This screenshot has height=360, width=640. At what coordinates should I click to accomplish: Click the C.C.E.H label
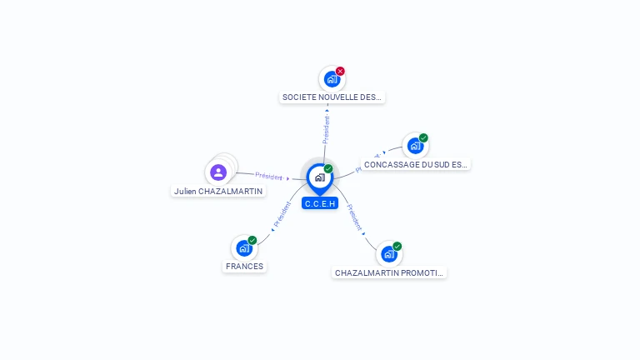tap(320, 203)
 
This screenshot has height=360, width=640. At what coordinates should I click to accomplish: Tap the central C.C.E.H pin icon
tap(319, 177)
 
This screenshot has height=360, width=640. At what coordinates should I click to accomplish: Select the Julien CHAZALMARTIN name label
tap(218, 191)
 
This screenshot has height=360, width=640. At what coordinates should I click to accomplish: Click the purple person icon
tap(218, 172)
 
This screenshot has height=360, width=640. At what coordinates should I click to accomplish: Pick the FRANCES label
tap(244, 267)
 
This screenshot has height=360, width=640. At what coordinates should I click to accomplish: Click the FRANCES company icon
tap(243, 247)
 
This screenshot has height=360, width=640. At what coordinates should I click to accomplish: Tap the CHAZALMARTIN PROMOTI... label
tap(389, 272)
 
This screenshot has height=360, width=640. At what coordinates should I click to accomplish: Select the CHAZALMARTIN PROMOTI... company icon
tap(388, 253)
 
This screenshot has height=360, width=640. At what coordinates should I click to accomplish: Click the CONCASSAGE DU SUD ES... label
tap(416, 164)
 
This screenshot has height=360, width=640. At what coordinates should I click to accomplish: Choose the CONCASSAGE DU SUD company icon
tap(415, 146)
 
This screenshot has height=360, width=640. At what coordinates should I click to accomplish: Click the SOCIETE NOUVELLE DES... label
tap(332, 97)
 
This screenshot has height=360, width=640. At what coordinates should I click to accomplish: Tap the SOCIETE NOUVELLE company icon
tap(331, 79)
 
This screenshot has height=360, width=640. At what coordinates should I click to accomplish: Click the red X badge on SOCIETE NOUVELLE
tap(340, 71)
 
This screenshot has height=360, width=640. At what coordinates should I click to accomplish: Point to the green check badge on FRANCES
tap(252, 240)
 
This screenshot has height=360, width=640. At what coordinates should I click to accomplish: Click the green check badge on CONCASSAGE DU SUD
tap(423, 137)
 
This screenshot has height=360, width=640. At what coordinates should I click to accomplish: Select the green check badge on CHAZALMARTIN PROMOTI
tap(397, 246)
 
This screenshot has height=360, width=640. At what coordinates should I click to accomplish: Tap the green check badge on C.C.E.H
tap(328, 168)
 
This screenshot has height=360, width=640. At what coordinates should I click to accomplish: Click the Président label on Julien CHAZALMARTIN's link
tap(269, 176)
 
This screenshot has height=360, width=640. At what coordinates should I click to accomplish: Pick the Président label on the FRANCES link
tap(282, 216)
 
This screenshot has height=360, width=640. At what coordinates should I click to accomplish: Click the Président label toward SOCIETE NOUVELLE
tap(327, 128)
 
